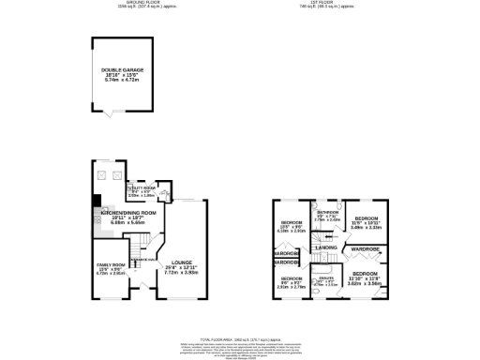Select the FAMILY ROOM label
(112, 269)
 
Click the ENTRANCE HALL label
(141, 255)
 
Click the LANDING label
(326, 246)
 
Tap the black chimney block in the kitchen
(97, 199)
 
